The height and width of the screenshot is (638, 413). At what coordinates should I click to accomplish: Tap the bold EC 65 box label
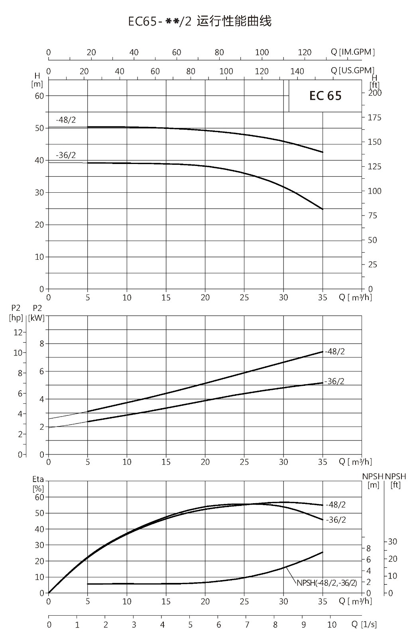coord(325,96)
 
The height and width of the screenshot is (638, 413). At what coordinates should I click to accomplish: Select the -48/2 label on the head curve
coord(66,120)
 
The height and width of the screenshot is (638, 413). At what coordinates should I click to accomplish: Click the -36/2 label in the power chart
coord(334,381)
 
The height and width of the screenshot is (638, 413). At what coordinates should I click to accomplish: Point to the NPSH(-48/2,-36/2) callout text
coord(327,583)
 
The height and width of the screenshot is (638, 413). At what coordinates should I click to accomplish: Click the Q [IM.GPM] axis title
coord(353,52)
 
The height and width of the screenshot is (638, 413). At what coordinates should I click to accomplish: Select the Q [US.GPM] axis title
coord(352,70)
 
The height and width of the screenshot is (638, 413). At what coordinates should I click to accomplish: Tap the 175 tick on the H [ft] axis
coord(374,117)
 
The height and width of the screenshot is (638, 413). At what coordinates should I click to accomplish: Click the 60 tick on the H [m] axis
coord(39,96)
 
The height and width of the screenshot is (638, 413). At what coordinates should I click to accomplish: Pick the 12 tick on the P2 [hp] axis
coord(18,332)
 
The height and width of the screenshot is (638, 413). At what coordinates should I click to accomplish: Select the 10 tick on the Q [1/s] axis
coord(332,624)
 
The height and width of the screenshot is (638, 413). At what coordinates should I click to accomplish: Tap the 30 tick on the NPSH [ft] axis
coord(393,541)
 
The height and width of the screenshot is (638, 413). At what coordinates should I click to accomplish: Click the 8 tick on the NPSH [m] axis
coord(369,548)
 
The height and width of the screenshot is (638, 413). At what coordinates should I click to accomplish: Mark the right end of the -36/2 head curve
coord(323,209)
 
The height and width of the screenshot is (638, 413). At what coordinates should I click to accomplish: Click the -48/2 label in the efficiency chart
coord(336,505)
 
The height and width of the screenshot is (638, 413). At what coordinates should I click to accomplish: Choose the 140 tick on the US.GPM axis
coord(297,71)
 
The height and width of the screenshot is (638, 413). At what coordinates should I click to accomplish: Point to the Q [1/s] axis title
coord(364,624)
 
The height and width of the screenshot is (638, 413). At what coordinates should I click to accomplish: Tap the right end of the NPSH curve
coord(323,552)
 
